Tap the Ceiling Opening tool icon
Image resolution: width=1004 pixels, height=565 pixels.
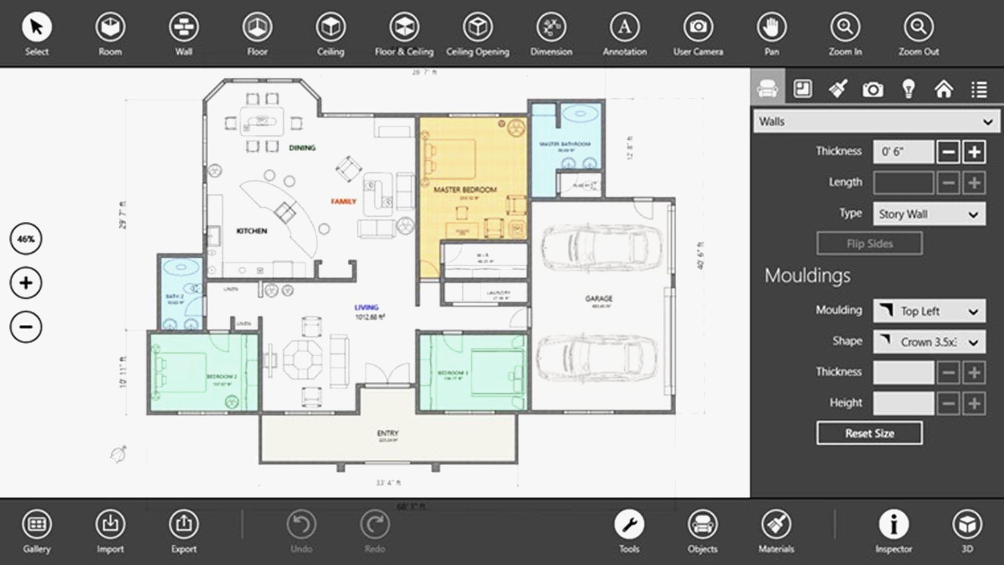tap(477, 27)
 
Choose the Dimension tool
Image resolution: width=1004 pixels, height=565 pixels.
tap(551, 27)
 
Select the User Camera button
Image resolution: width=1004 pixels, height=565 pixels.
tap(698, 27)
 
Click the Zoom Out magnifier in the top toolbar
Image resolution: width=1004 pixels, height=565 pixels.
tap(918, 27)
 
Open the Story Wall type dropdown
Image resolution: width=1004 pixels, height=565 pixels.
tap(929, 214)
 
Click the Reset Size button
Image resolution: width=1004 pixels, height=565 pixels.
tap(869, 433)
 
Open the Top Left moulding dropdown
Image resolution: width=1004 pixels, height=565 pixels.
tap(929, 311)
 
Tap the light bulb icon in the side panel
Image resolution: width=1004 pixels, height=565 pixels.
tap(908, 89)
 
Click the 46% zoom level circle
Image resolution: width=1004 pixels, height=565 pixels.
tap(26, 239)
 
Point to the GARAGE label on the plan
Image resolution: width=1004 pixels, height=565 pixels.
tap(599, 299)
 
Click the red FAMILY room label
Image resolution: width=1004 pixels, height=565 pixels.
tap(343, 201)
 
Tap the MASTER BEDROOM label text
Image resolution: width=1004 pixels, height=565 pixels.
tap(465, 190)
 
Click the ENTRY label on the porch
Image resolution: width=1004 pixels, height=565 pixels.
tap(387, 433)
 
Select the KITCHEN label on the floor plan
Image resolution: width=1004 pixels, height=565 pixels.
tap(252, 231)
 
